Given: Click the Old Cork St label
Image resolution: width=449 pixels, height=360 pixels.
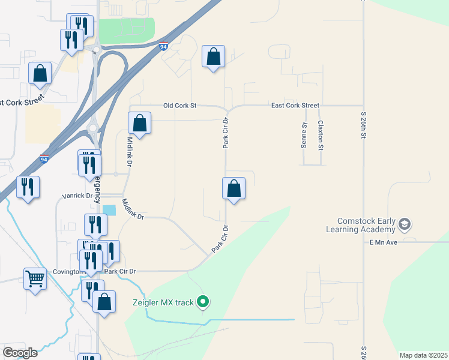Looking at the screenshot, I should click(180, 106).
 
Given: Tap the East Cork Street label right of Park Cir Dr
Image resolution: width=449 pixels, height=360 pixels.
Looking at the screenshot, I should click(295, 106).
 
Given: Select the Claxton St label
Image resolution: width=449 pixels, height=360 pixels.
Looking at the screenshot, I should click(321, 135).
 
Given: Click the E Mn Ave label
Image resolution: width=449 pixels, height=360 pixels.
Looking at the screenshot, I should click(384, 242).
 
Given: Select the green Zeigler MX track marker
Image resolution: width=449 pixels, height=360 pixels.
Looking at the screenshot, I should click(203, 302).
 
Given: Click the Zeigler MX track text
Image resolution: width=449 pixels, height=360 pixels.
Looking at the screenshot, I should click(163, 302).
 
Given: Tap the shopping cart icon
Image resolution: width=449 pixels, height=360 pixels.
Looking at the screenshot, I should click(35, 278).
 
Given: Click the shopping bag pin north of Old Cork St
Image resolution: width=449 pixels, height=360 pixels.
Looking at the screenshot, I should click(213, 57).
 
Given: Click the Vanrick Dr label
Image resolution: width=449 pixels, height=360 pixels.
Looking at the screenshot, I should click(78, 196).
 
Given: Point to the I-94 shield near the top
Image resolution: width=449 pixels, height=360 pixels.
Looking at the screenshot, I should click(163, 46).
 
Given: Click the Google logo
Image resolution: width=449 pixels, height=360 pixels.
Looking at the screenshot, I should click(20, 353).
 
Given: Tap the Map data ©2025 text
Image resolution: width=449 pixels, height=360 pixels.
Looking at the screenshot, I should click(423, 355).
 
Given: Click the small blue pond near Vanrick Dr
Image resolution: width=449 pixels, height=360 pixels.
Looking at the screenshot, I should click(110, 211).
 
